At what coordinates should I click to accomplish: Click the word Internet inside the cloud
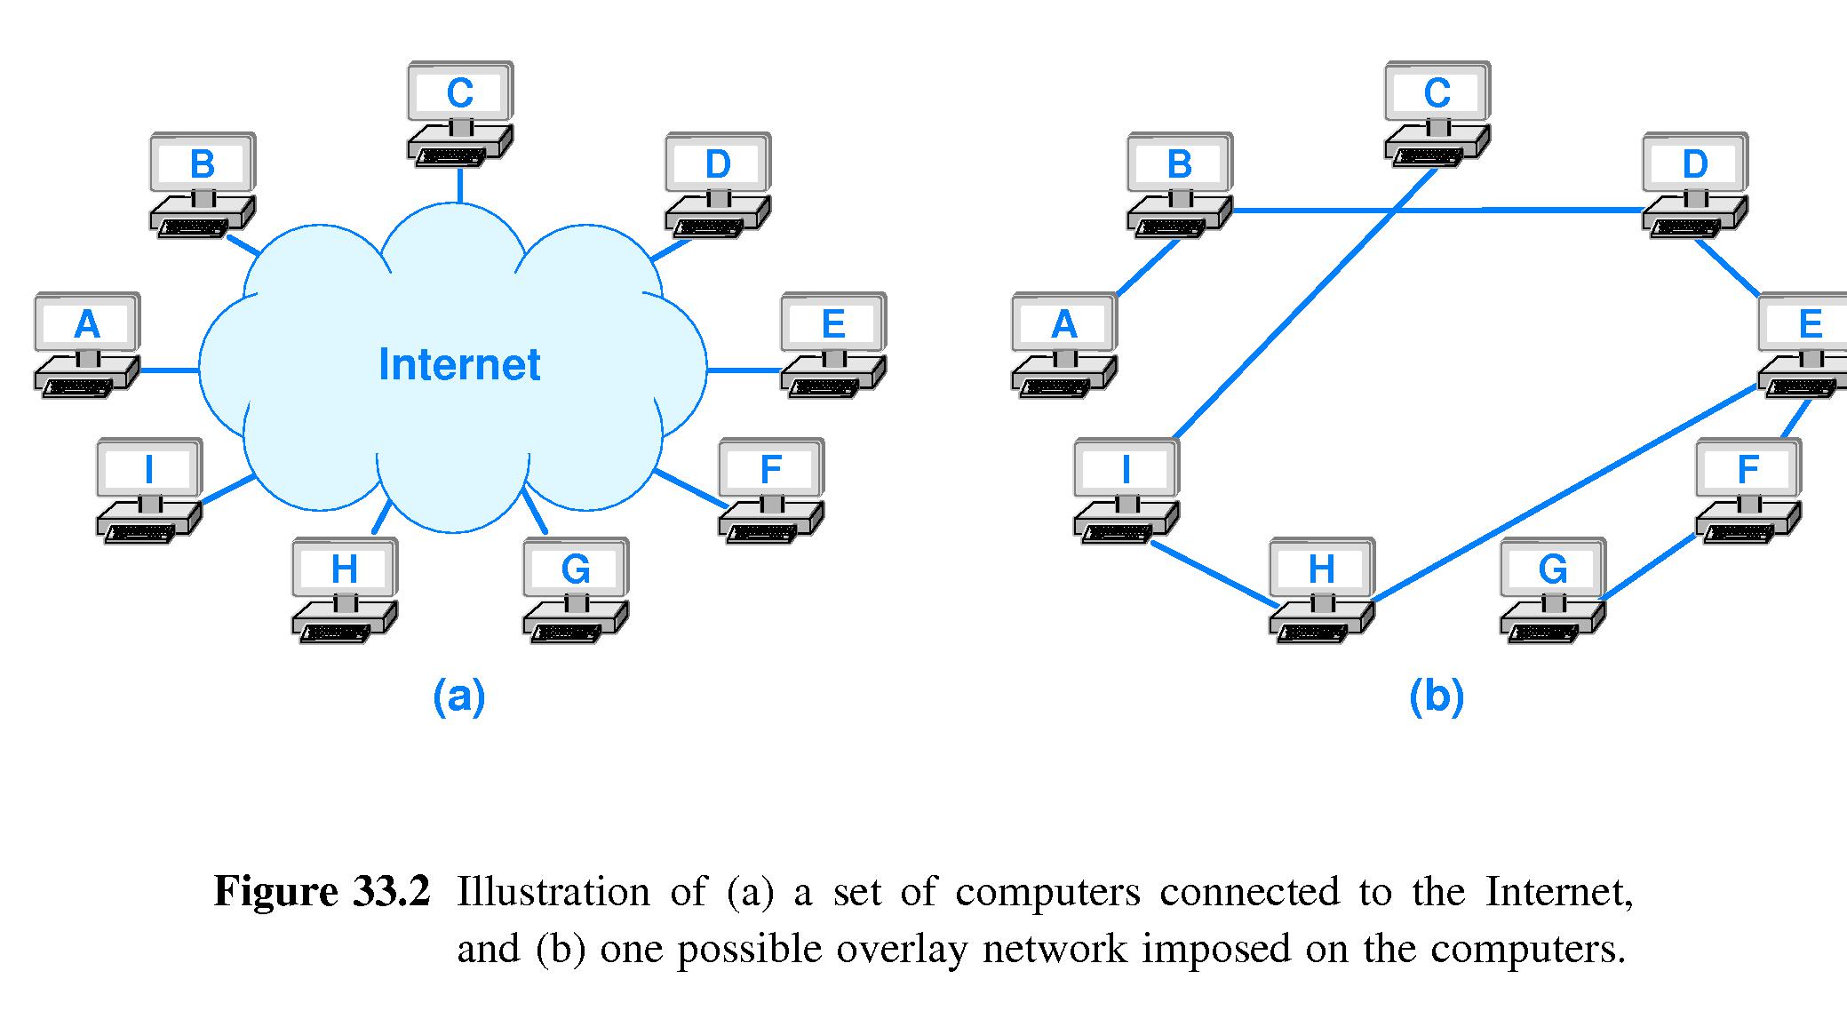[x=459, y=364]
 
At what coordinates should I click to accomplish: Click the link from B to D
[x=1439, y=211]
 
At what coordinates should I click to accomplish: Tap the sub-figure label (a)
[x=459, y=697]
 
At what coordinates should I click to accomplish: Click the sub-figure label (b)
[x=1437, y=697]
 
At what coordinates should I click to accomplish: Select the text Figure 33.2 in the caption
[x=322, y=892]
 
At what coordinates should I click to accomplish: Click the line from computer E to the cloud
[x=744, y=370]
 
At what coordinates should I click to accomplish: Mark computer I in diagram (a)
[x=148, y=489]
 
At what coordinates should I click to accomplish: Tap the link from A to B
[x=1147, y=267]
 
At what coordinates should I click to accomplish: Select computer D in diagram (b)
[x=1694, y=183]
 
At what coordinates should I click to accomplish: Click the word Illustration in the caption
[x=553, y=892]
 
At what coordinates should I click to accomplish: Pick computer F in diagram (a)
[x=770, y=489]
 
